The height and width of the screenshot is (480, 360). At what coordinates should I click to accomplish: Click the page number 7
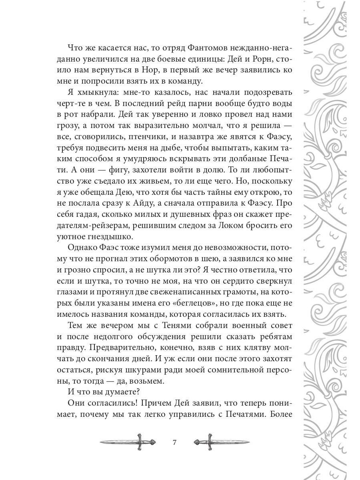[x=174, y=442]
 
